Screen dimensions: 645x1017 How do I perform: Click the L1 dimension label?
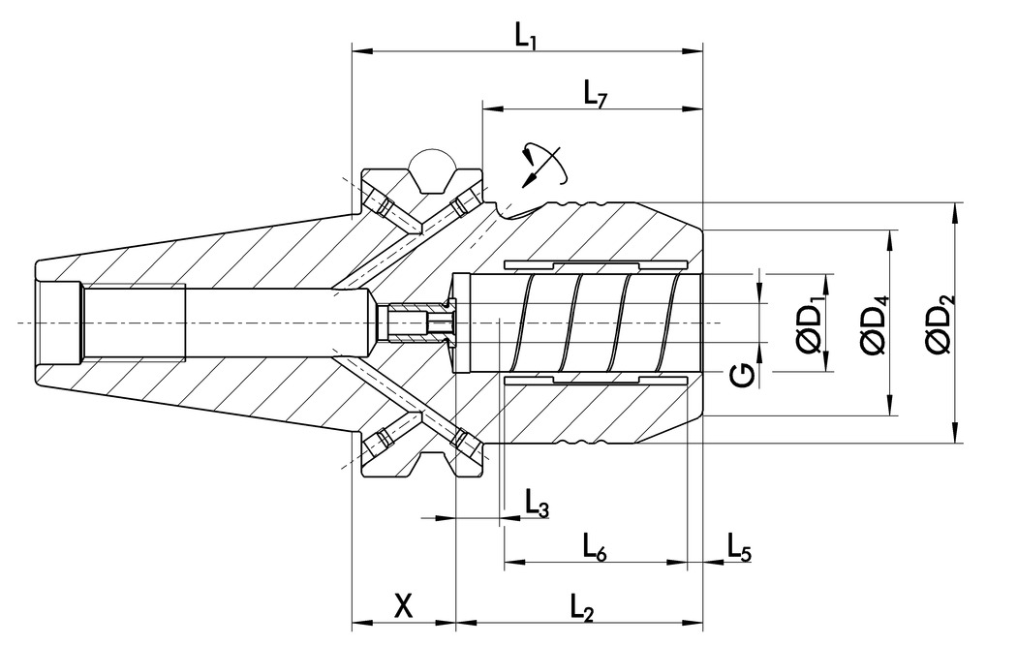pos(526,36)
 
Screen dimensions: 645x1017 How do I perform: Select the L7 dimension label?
pos(595,93)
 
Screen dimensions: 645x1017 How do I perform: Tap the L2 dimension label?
pos(581,607)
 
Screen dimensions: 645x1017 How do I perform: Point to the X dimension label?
pos(405,606)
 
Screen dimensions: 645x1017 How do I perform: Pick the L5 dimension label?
pos(739,549)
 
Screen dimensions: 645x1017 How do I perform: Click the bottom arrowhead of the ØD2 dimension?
pos(957,437)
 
